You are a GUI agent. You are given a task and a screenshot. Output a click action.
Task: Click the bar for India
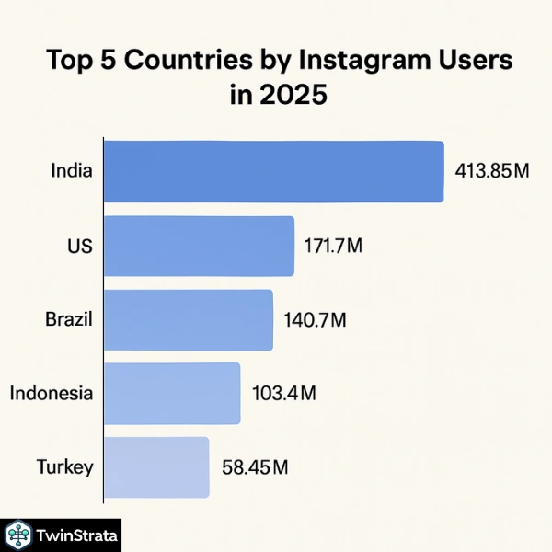coord(273,172)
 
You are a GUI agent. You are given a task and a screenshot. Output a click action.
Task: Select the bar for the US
coord(199,247)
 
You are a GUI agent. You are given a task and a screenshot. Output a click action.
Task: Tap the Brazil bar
coord(189,320)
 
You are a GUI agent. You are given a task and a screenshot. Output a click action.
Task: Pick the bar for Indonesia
coord(172,393)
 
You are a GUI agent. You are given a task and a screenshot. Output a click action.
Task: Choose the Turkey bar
coord(156,466)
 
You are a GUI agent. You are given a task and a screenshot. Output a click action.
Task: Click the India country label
coord(72,171)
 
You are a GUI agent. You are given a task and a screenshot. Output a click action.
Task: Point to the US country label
coord(80,246)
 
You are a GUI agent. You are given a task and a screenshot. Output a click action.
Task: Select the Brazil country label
coord(69,320)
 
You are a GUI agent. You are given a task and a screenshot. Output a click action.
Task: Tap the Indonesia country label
coord(52,393)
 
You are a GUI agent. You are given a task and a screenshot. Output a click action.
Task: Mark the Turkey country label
coord(64,466)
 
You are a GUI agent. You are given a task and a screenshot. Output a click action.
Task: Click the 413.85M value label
coord(492,171)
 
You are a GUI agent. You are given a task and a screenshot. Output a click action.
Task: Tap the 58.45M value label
coord(256,466)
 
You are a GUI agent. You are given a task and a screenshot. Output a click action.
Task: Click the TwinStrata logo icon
coord(18,535)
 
